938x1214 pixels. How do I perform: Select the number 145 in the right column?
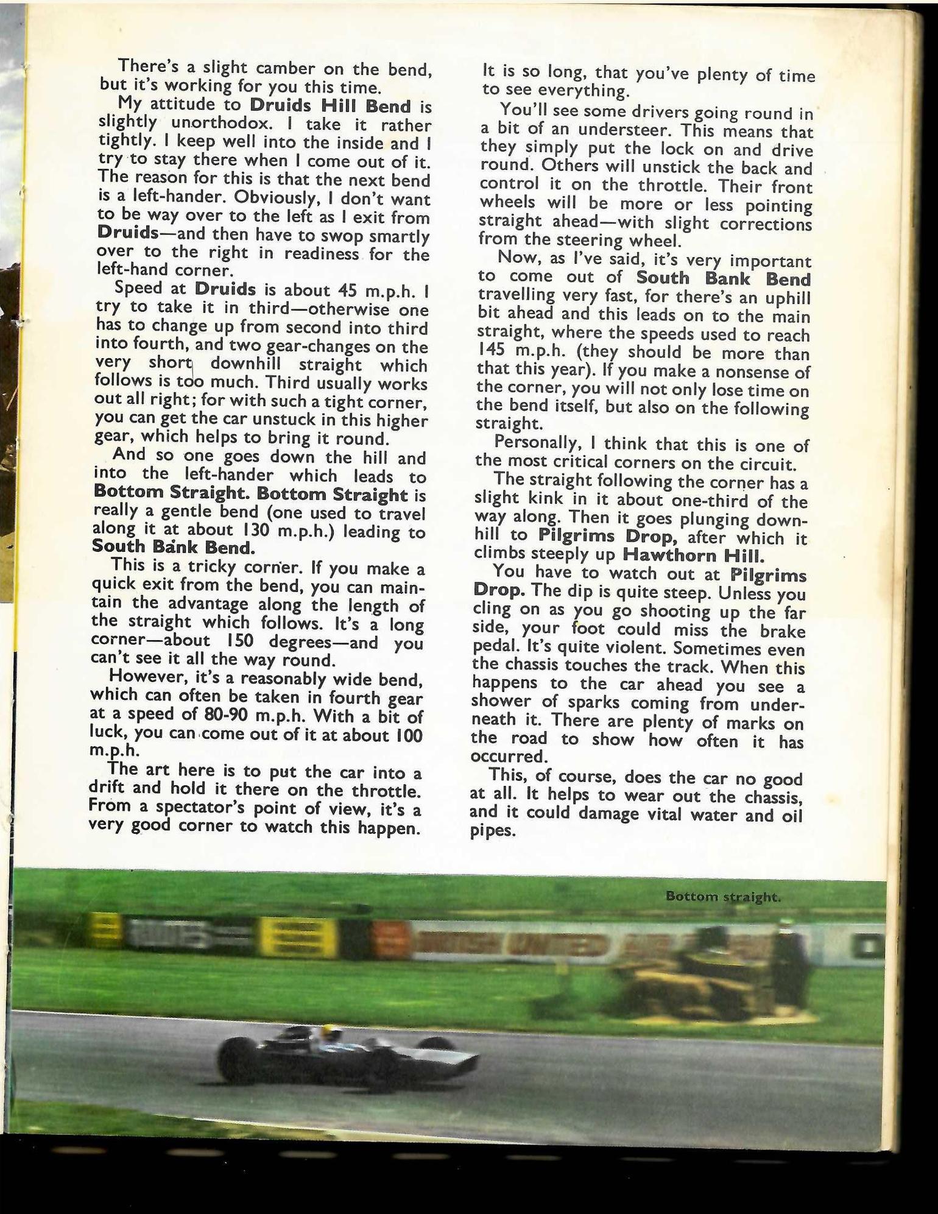(x=492, y=352)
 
